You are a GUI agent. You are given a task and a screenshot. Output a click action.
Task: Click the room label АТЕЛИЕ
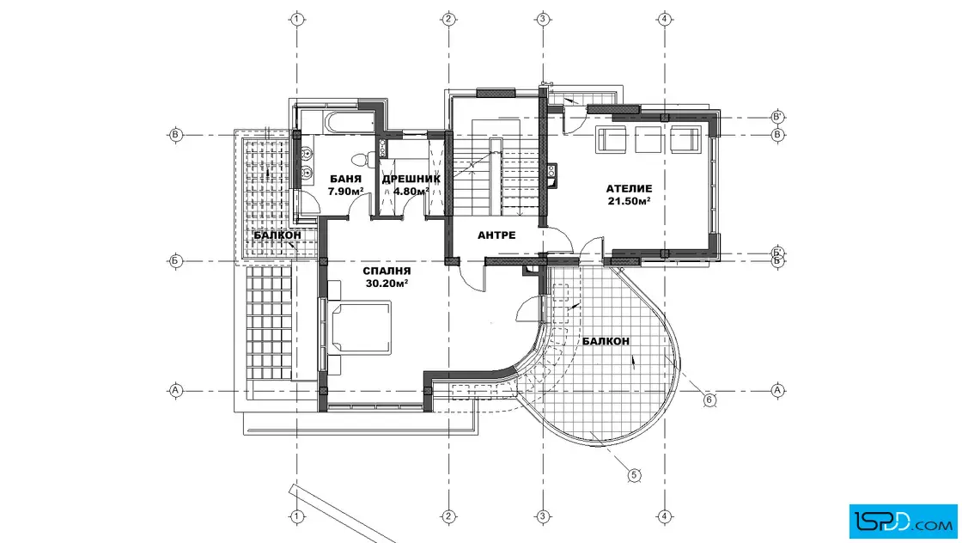pos(629,188)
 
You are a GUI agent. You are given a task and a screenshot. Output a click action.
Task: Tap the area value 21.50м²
pos(629,201)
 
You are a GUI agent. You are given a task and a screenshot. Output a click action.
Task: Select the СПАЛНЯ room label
pos(387,271)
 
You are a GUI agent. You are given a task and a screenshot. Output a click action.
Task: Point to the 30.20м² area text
pos(387,283)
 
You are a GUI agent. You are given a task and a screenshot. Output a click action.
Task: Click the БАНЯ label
pos(345,179)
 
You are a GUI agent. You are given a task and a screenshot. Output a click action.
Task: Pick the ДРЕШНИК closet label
pos(411,180)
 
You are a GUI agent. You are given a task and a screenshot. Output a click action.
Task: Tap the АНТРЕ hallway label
pos(496,235)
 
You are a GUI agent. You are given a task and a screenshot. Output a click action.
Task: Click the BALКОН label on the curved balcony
pos(606,340)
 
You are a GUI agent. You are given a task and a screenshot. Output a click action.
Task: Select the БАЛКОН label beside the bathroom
pos(277,235)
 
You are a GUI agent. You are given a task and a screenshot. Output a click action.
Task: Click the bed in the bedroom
pos(360,327)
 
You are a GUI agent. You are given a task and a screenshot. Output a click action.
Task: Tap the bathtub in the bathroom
pos(349,122)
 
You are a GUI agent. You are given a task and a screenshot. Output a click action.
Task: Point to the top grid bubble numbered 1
pos(297,19)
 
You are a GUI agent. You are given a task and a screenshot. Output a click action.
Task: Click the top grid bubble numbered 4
pos(665,19)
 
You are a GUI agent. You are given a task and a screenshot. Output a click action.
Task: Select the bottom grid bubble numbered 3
pos(542,516)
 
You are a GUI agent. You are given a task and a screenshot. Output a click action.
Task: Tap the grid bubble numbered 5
pos(635,475)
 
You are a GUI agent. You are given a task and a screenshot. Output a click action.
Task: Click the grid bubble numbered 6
pos(709,400)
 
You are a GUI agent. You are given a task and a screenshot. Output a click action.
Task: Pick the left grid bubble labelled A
pos(175,390)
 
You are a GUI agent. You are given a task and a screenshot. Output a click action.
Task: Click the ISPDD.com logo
pos(903,522)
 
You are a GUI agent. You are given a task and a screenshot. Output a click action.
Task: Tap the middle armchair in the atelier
pos(648,138)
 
